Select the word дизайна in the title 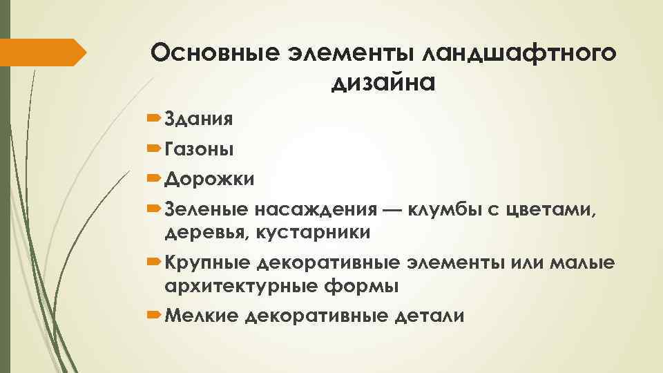click(383, 84)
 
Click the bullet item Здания click(198, 118)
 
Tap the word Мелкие click(202, 316)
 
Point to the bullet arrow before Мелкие click(154, 316)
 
